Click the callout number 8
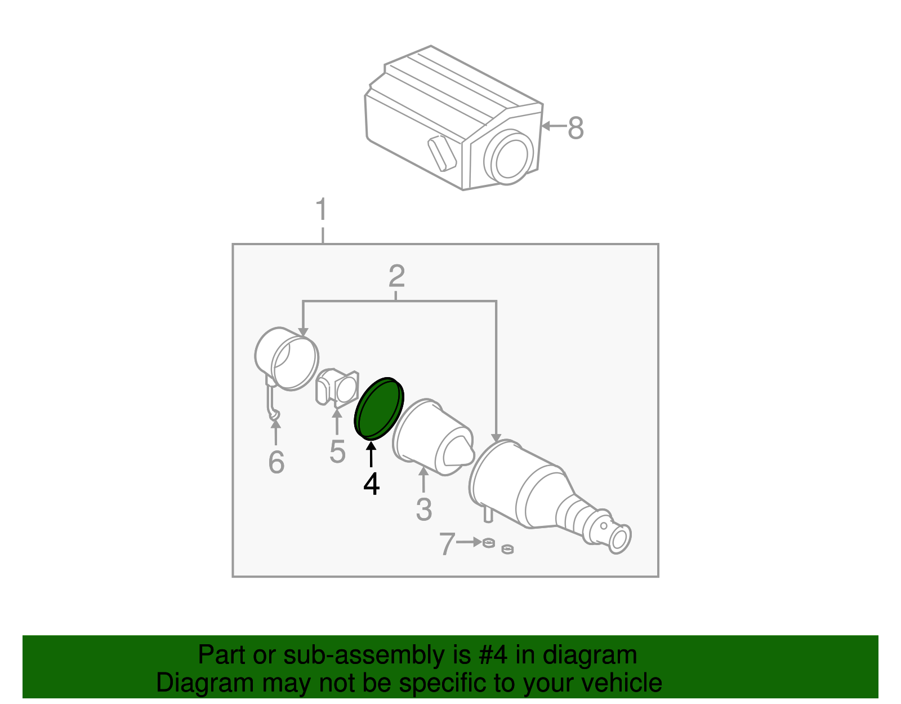click(576, 127)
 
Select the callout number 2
click(396, 276)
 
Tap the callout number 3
click(424, 510)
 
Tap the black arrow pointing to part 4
click(371, 454)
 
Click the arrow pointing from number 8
click(554, 125)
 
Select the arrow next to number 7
click(469, 542)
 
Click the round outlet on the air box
click(509, 156)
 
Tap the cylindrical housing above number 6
click(287, 359)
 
